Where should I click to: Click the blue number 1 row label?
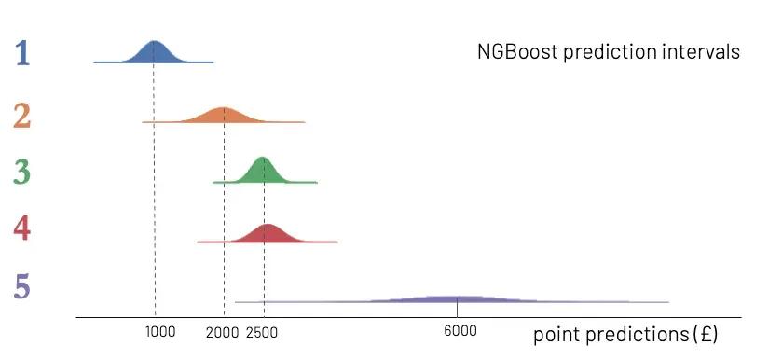(x=22, y=53)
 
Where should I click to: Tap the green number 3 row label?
(x=22, y=172)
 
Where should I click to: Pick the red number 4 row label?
(x=22, y=228)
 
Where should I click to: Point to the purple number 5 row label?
(x=22, y=284)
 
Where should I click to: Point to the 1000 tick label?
(x=160, y=332)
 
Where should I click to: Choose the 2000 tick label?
(x=223, y=332)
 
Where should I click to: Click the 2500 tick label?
(x=262, y=332)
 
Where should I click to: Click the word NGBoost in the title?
(x=512, y=52)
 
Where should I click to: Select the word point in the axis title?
(x=554, y=334)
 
